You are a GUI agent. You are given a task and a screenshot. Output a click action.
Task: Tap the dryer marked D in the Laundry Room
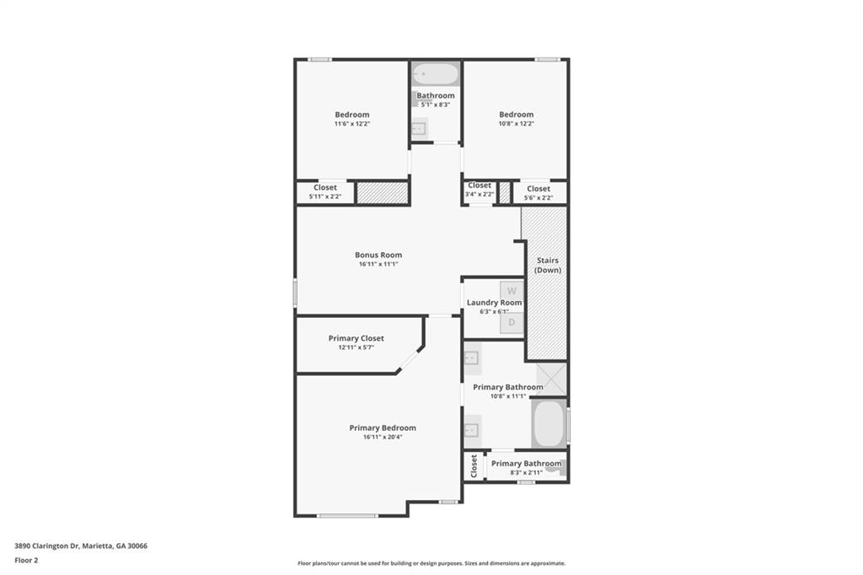click(512, 322)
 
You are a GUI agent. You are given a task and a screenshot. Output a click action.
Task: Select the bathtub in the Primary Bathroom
click(549, 424)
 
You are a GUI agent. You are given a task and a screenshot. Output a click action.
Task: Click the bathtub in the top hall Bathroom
click(436, 74)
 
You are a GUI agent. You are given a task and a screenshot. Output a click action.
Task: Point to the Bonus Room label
click(378, 255)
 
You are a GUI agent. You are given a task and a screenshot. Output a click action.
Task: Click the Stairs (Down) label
click(546, 266)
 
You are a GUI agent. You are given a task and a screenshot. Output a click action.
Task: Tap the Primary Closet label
click(356, 338)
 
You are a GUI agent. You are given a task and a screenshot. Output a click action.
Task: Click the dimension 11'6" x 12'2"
click(351, 124)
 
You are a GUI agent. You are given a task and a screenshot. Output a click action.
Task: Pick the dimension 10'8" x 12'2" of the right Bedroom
click(516, 124)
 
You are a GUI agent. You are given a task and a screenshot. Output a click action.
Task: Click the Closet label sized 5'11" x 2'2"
click(324, 187)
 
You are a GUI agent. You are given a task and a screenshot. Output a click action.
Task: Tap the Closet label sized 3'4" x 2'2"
click(479, 185)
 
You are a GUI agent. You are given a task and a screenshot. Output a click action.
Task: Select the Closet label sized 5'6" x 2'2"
click(539, 189)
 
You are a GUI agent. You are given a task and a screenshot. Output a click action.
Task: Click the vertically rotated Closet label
click(474, 466)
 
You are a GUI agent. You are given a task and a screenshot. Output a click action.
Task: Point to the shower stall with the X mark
click(551, 379)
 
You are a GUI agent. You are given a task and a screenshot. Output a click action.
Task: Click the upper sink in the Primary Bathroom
click(471, 358)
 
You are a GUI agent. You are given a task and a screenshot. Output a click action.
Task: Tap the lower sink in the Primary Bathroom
click(471, 430)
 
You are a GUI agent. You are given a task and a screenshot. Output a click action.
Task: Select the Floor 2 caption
click(26, 560)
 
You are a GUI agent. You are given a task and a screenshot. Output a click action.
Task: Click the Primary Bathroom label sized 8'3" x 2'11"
click(526, 463)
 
